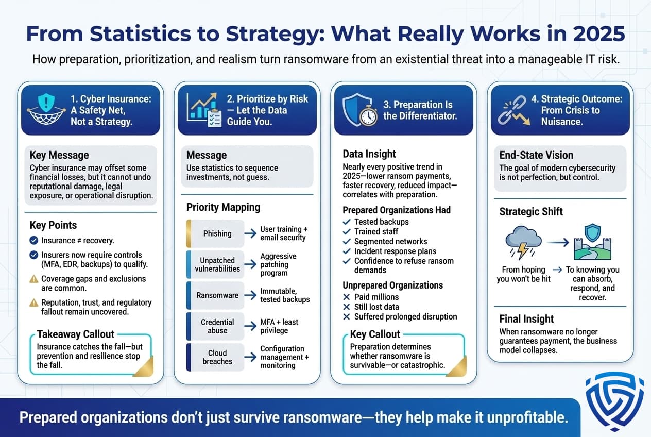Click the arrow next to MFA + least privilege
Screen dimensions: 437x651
[250, 326]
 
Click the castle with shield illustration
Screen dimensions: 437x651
[592, 242]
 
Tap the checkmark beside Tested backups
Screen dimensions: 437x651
[347, 222]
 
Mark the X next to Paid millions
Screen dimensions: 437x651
[347, 297]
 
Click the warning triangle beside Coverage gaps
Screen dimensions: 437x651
[34, 279]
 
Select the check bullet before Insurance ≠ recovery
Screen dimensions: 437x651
[34, 240]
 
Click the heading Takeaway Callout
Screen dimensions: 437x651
[75, 334]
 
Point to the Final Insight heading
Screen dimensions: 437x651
[526, 318]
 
